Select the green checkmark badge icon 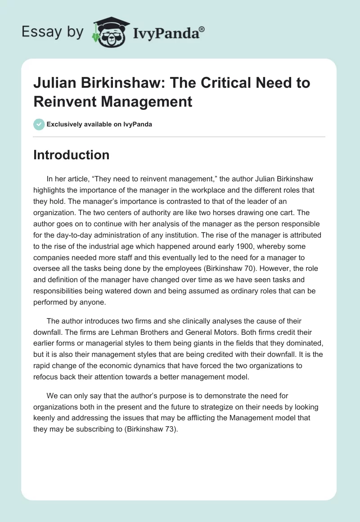(39, 124)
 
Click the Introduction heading (71, 155)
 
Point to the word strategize (184, 407)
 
